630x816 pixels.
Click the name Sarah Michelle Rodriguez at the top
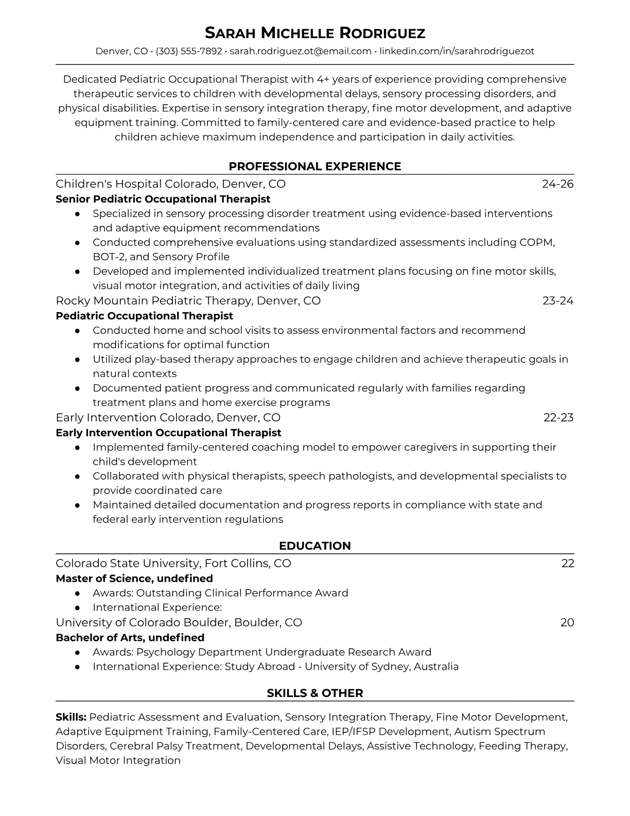pos(314,33)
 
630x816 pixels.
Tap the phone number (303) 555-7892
pos(189,51)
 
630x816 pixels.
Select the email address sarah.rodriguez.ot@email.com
pos(301,51)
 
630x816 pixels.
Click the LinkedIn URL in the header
pos(457,51)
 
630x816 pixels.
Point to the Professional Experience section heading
pos(314,166)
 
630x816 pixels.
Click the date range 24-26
pos(558,184)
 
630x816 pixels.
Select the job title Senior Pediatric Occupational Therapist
pos(163,199)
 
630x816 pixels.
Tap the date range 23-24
pos(558,301)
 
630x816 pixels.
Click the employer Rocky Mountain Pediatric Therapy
pos(153,301)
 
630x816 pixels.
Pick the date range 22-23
pos(558,418)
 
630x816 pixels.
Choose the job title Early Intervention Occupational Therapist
pos(168,433)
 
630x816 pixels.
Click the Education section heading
pos(314,546)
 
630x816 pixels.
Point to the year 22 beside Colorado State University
pos(568,564)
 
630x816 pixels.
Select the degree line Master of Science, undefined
pos(134,579)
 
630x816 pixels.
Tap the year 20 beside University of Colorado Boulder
pos(567,623)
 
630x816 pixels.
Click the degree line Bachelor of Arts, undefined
pos(130,638)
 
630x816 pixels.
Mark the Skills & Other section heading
pos(314,693)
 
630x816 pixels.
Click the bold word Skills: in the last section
pos(71,717)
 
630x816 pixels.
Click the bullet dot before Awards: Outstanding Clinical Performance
pos(77,593)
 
